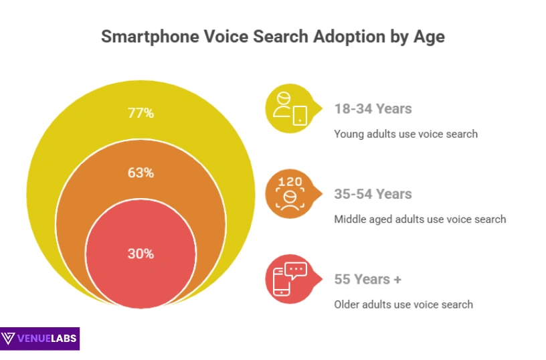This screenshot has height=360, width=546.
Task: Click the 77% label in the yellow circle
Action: (x=141, y=113)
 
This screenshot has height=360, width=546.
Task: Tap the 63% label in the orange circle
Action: (x=141, y=173)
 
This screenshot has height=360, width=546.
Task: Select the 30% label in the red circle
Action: (x=141, y=254)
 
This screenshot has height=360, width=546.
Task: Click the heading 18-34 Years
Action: (x=373, y=108)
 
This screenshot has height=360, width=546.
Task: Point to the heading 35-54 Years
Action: (x=373, y=194)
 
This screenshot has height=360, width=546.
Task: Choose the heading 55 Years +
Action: (x=367, y=279)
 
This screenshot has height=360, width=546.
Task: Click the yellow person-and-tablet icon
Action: (x=290, y=109)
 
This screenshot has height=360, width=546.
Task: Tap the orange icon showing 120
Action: (x=290, y=194)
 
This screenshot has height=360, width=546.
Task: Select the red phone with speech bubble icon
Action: (x=290, y=280)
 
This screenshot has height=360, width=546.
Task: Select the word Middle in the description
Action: (x=350, y=219)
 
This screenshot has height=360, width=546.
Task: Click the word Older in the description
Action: (x=347, y=304)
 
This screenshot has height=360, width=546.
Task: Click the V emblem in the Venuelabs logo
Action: (x=10, y=339)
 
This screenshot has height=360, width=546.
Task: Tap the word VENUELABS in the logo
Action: (x=48, y=339)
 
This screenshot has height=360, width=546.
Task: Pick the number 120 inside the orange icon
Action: (x=290, y=182)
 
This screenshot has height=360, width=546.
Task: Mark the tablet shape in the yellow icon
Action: (x=300, y=114)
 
